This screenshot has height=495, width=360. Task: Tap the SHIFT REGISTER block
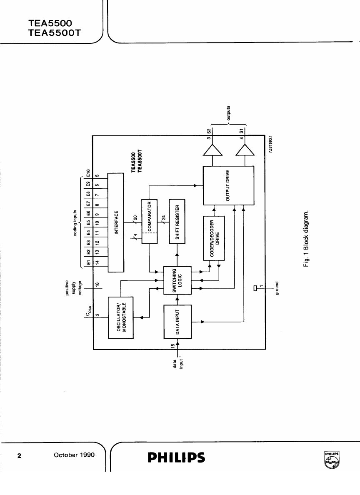click(177, 221)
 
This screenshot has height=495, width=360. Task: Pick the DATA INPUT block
click(178, 322)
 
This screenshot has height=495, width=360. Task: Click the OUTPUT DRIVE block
click(228, 185)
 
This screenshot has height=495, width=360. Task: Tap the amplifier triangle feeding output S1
click(245, 150)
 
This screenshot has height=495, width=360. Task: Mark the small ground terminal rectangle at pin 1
click(255, 287)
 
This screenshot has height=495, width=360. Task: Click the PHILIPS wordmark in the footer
click(176, 457)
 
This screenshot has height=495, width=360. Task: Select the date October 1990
click(75, 455)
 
